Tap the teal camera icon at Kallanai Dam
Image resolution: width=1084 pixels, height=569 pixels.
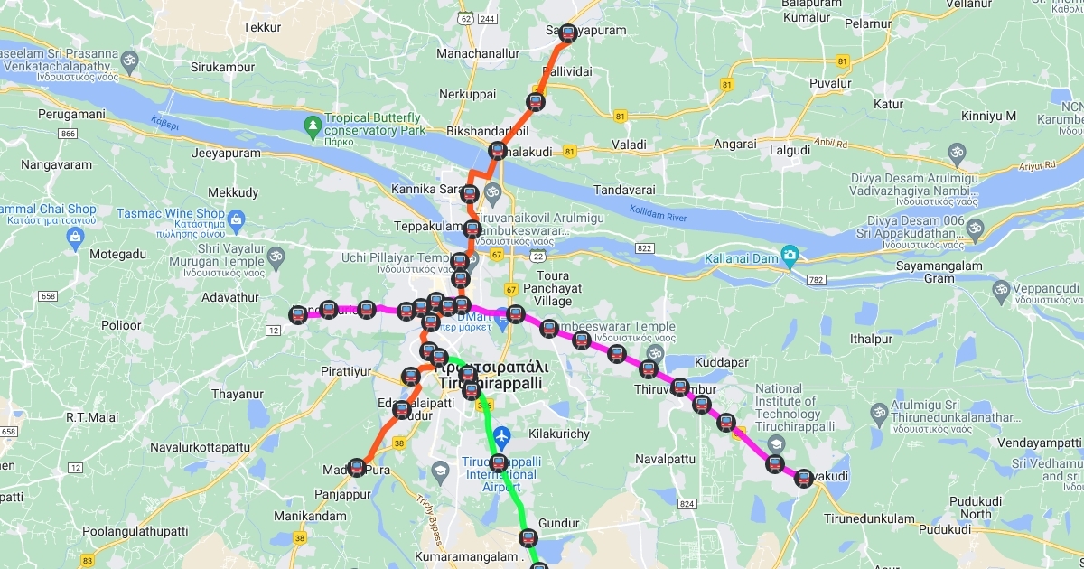click(790, 255)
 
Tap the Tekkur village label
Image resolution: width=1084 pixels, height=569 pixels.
click(262, 28)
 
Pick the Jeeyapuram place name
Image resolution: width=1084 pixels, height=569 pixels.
click(226, 153)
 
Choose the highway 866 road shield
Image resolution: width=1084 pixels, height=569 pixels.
click(66, 134)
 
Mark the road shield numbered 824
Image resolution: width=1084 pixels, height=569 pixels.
click(687, 504)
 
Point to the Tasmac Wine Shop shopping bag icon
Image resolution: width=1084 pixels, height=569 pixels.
click(237, 219)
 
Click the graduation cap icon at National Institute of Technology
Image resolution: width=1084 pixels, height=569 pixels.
click(775, 445)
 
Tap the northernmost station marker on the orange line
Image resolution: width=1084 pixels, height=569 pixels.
click(567, 34)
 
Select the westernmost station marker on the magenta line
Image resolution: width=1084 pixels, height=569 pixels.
click(298, 314)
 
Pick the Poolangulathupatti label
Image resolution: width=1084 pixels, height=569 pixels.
click(135, 532)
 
